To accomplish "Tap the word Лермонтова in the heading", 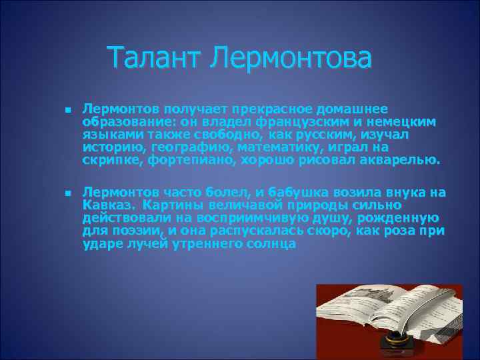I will point(291,58).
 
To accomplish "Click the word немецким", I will point(405,122).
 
